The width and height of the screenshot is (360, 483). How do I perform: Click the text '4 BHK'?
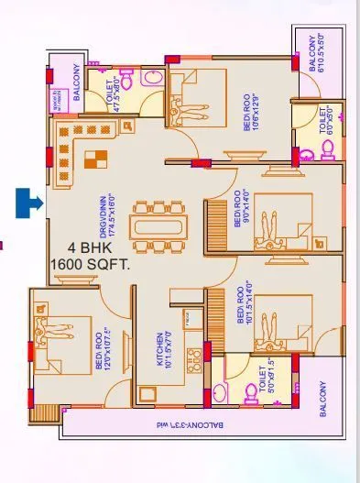(90, 248)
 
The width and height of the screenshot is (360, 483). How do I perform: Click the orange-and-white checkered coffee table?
(94, 160)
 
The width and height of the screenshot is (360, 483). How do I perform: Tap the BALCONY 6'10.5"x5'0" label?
(318, 56)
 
